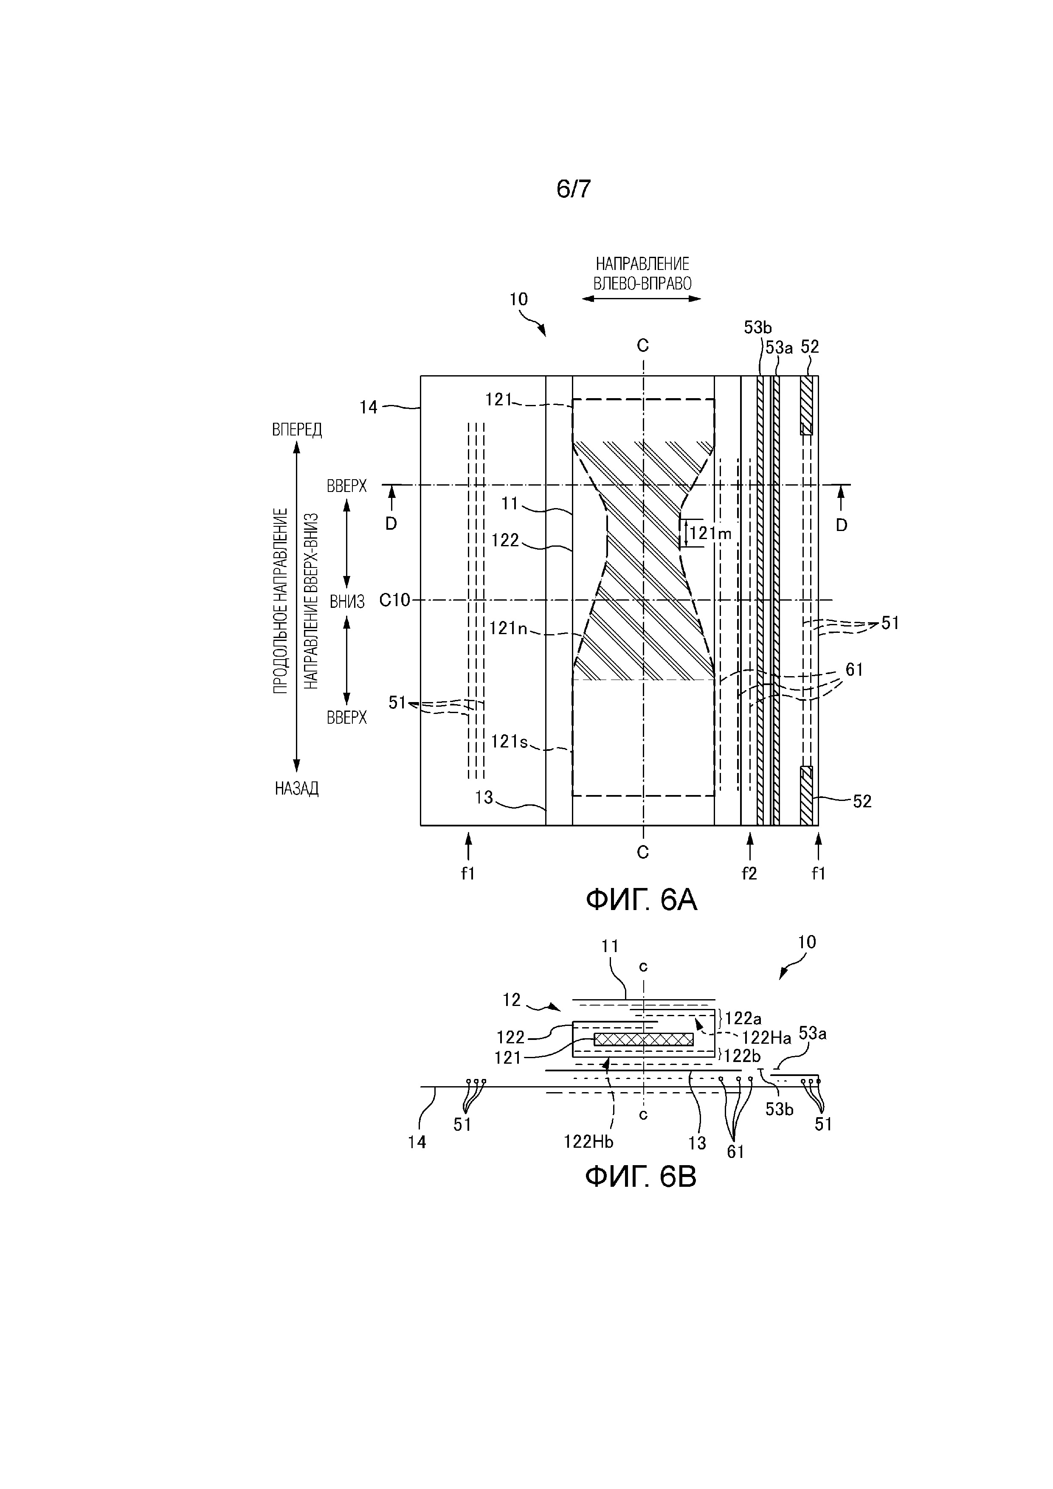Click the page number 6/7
click(574, 189)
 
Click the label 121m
click(710, 534)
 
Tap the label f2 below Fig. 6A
click(749, 874)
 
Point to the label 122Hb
click(588, 1141)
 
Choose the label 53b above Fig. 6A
click(758, 328)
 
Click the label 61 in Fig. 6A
click(854, 669)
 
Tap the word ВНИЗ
click(347, 602)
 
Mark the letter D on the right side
click(842, 525)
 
